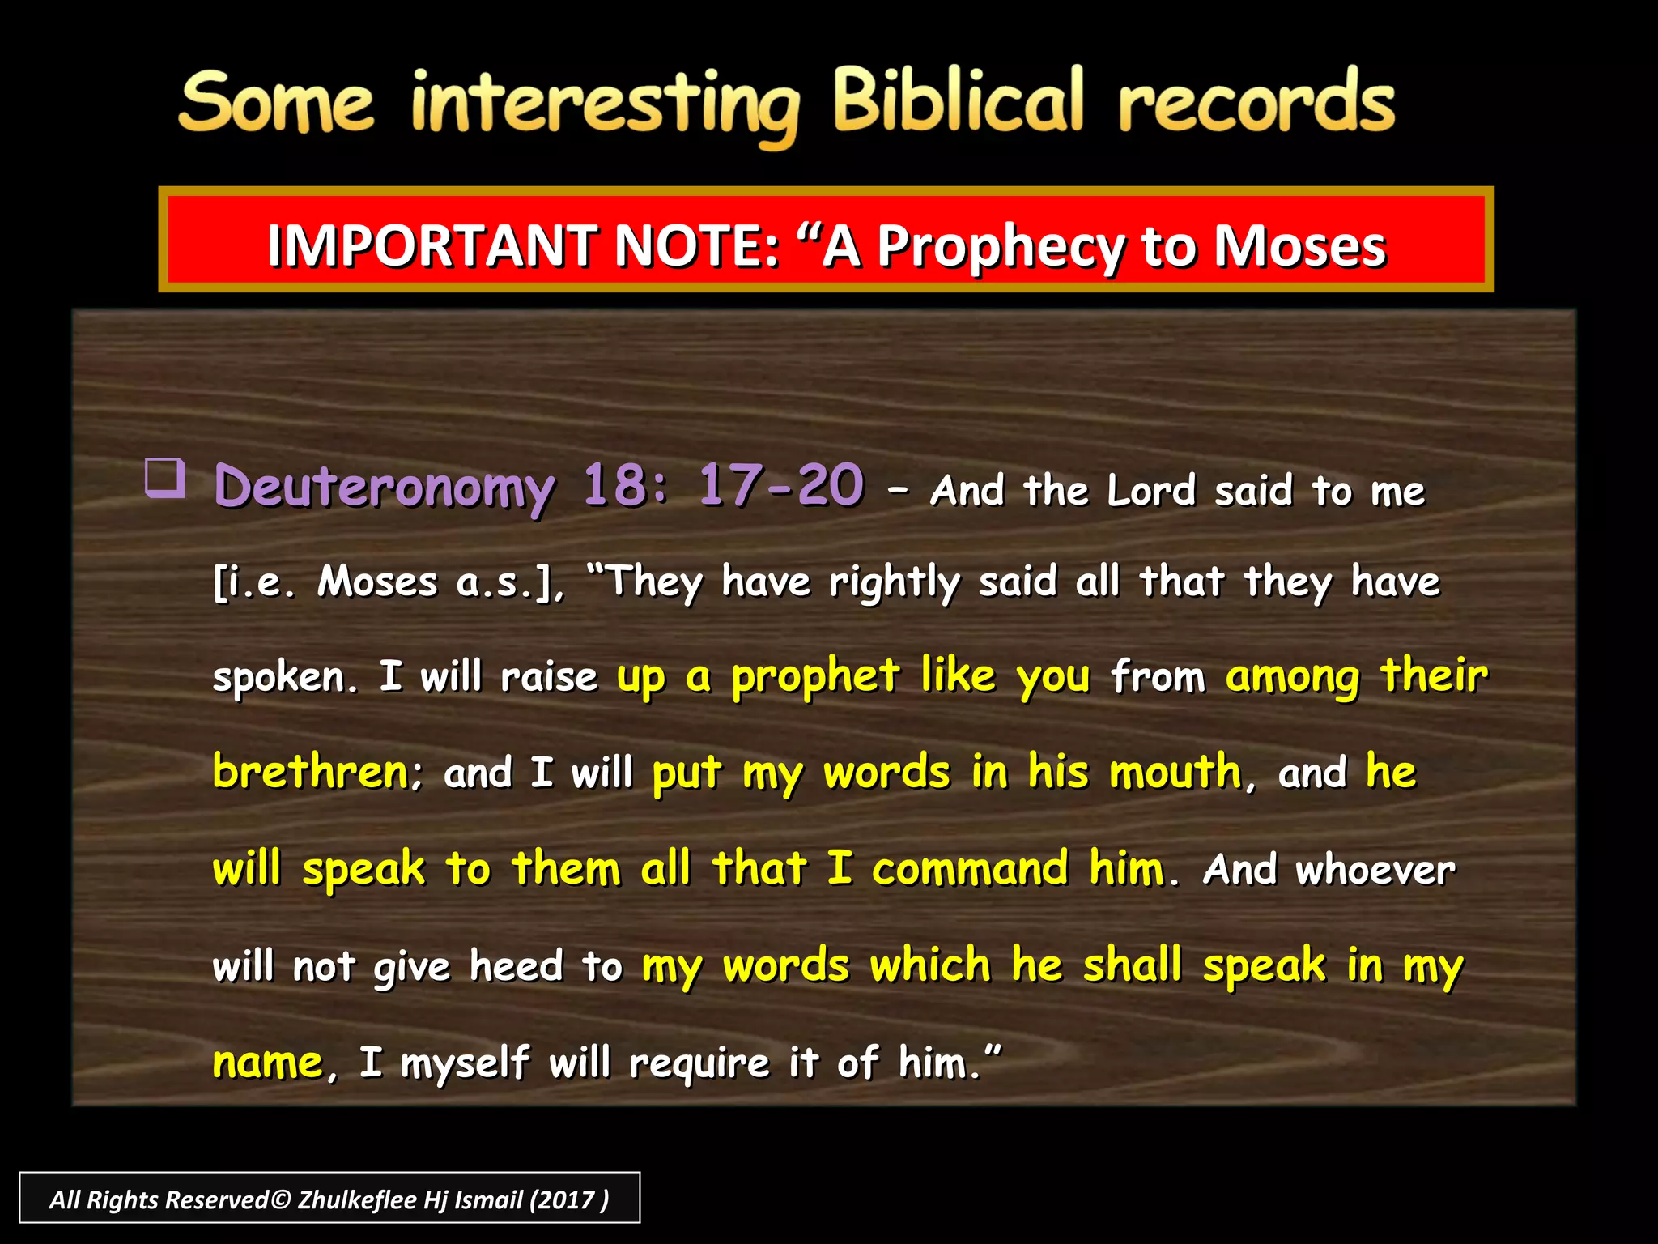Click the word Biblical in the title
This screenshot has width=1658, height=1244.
click(958, 101)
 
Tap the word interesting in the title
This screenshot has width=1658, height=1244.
click(605, 105)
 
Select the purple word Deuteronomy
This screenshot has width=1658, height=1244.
click(385, 488)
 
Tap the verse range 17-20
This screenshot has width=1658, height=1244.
click(780, 485)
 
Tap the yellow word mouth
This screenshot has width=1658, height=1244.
click(1175, 772)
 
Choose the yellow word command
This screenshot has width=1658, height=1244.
click(970, 869)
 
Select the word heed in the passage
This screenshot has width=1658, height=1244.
click(516, 966)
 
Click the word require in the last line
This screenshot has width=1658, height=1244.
click(699, 1063)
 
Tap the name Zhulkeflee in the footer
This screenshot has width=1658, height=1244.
click(357, 1199)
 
